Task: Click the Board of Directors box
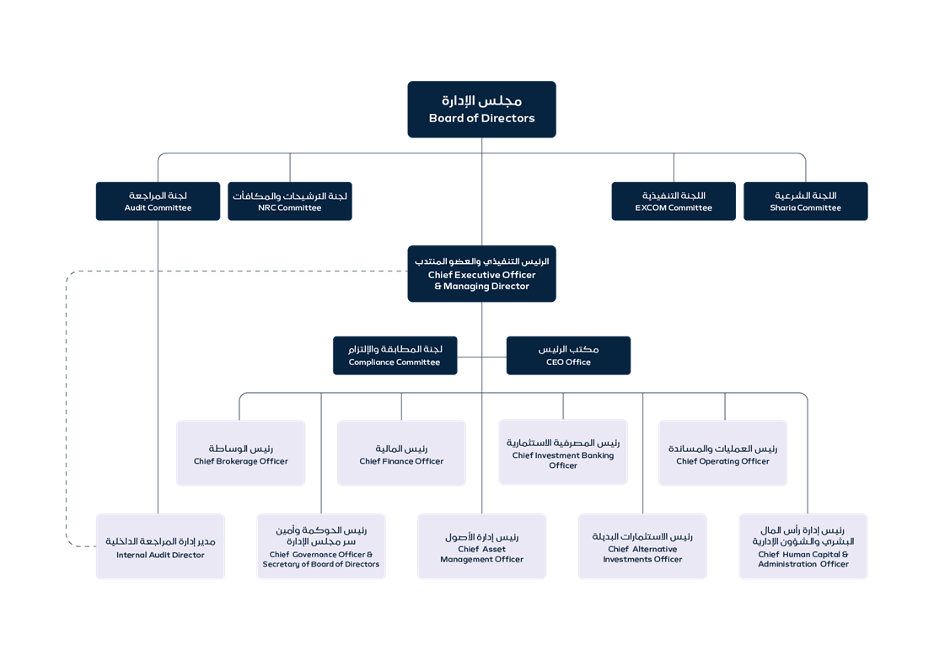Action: click(x=481, y=109)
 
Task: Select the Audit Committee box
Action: click(x=158, y=202)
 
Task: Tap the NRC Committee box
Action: click(x=289, y=202)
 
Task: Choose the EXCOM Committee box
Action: click(x=674, y=202)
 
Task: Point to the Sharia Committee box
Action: click(x=805, y=202)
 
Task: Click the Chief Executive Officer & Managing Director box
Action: click(x=481, y=273)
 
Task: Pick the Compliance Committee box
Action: click(x=395, y=355)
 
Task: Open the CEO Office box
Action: click(x=568, y=355)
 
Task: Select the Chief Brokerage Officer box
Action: click(x=240, y=453)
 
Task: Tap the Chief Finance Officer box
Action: click(x=401, y=453)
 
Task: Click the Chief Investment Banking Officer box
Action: click(x=562, y=453)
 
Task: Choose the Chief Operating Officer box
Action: click(x=722, y=453)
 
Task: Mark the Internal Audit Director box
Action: click(x=160, y=546)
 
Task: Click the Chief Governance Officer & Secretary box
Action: click(x=321, y=546)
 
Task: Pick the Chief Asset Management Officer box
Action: click(x=481, y=546)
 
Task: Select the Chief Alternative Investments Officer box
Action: click(x=642, y=546)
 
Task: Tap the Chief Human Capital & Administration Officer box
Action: click(x=803, y=546)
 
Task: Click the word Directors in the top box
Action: click(x=507, y=119)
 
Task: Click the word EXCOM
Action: click(x=651, y=208)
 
